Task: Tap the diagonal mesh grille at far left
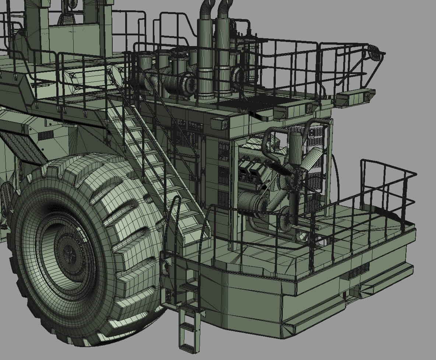pyautogui.click(x=22, y=147)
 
